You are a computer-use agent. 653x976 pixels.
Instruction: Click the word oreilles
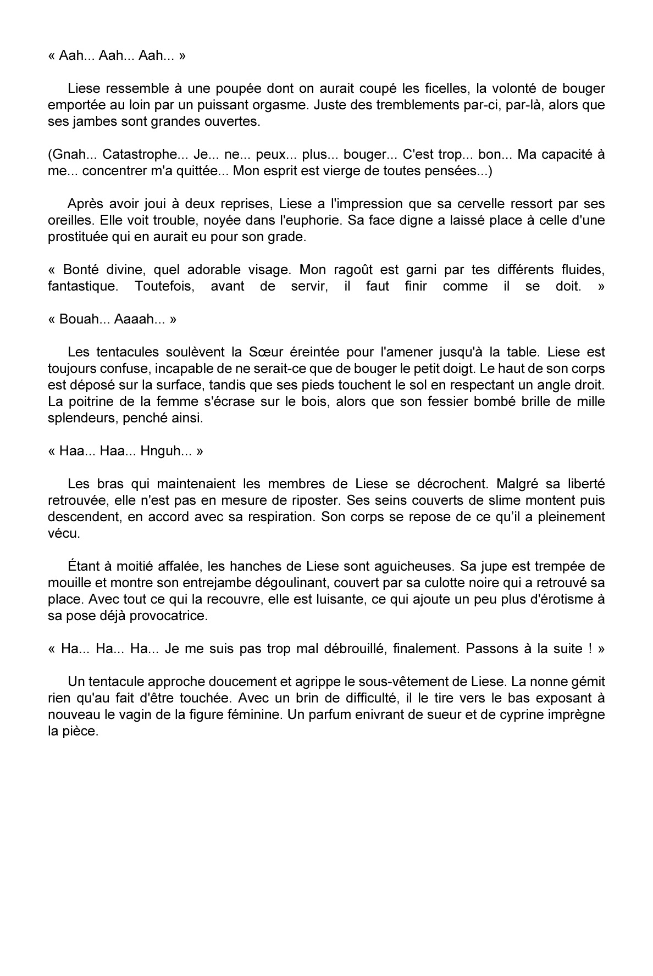click(x=68, y=220)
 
